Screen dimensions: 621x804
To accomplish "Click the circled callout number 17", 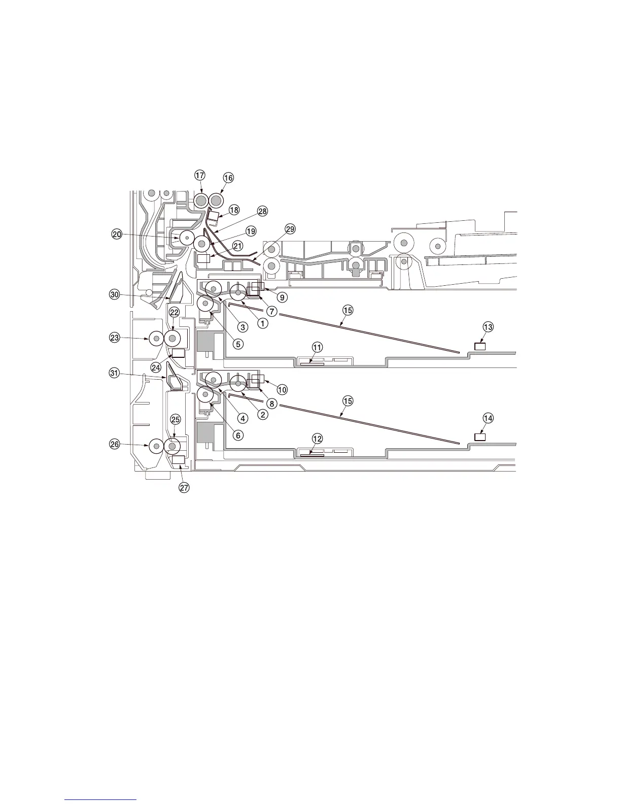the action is pos(199,175).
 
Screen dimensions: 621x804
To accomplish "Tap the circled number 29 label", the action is pos(290,229).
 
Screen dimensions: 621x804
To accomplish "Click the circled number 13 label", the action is pos(488,327).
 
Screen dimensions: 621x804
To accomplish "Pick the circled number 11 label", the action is pos(317,348).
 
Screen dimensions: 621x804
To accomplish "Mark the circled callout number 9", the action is pos(282,297).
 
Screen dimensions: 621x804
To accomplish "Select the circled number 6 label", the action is pos(238,435).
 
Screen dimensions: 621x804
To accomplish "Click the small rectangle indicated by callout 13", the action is pos(480,347).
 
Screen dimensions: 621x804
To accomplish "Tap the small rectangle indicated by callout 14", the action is pos(480,437).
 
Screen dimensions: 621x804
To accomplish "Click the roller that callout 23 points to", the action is pos(156,338).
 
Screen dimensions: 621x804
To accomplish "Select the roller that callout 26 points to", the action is pos(156,446).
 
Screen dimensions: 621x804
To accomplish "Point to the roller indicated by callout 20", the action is pos(186,238).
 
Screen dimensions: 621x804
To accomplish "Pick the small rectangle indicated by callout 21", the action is pos(203,259).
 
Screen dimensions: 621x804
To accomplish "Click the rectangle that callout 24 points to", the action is pos(178,353).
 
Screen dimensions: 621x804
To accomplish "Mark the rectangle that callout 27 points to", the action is pos(178,459).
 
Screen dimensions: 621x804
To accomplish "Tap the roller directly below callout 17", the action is pos(200,200).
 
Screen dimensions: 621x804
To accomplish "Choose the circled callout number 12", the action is pos(317,438).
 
